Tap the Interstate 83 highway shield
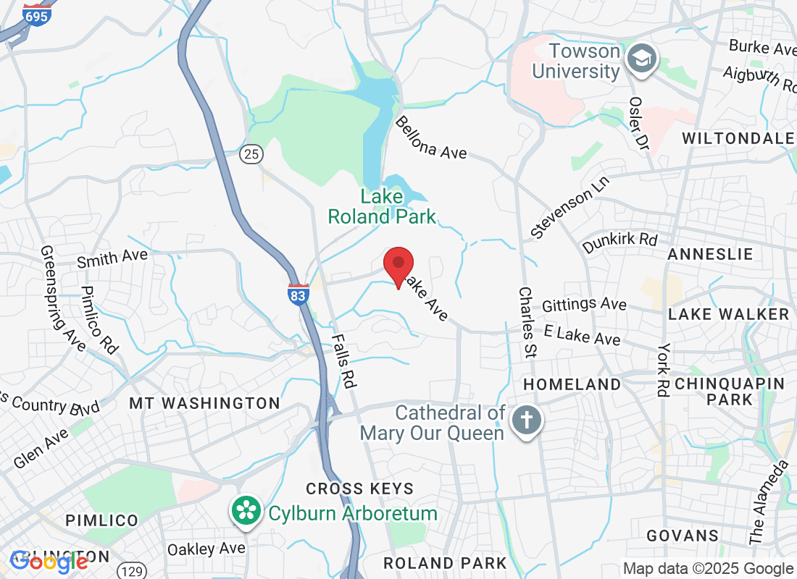tap(298, 294)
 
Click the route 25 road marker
tap(251, 153)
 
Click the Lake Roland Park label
tap(382, 206)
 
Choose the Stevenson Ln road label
tap(570, 206)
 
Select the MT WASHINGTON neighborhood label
tap(204, 403)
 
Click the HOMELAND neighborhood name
tap(572, 384)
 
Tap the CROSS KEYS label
tap(359, 489)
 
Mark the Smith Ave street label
tap(112, 258)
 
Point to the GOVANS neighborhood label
tap(683, 536)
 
